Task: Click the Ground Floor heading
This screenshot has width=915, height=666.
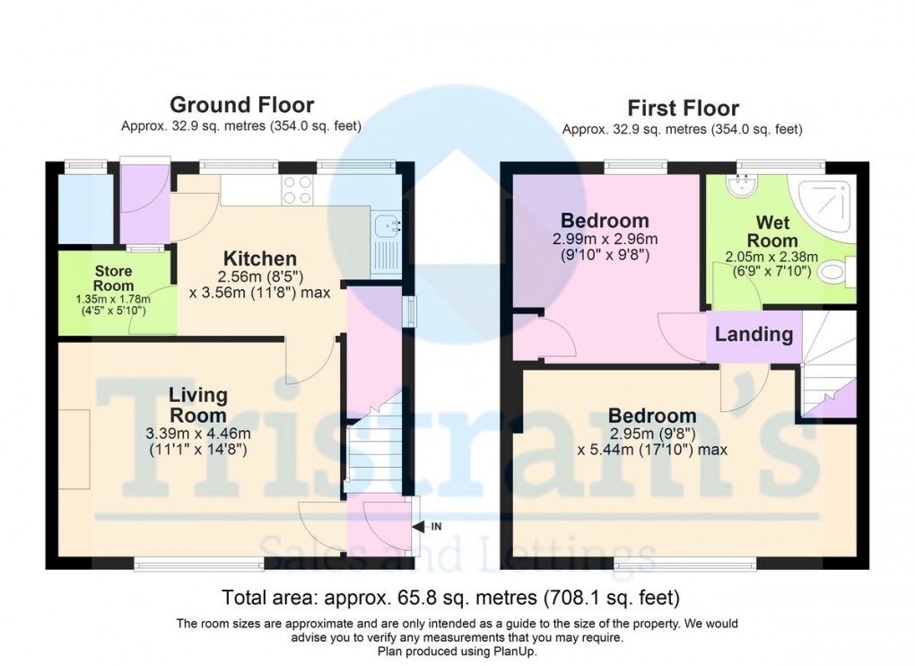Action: tap(242, 106)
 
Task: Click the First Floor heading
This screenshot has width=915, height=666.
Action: tap(683, 109)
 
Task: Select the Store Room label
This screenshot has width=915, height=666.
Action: tap(113, 278)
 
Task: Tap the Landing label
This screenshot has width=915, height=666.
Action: tap(754, 335)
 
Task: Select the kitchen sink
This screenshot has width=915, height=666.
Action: tap(387, 223)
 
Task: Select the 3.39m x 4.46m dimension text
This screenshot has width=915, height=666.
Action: tap(199, 434)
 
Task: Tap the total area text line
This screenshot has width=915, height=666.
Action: tap(450, 596)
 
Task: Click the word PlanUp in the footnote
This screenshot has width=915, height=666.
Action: tap(514, 651)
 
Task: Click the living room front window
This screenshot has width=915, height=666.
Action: tap(199, 564)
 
